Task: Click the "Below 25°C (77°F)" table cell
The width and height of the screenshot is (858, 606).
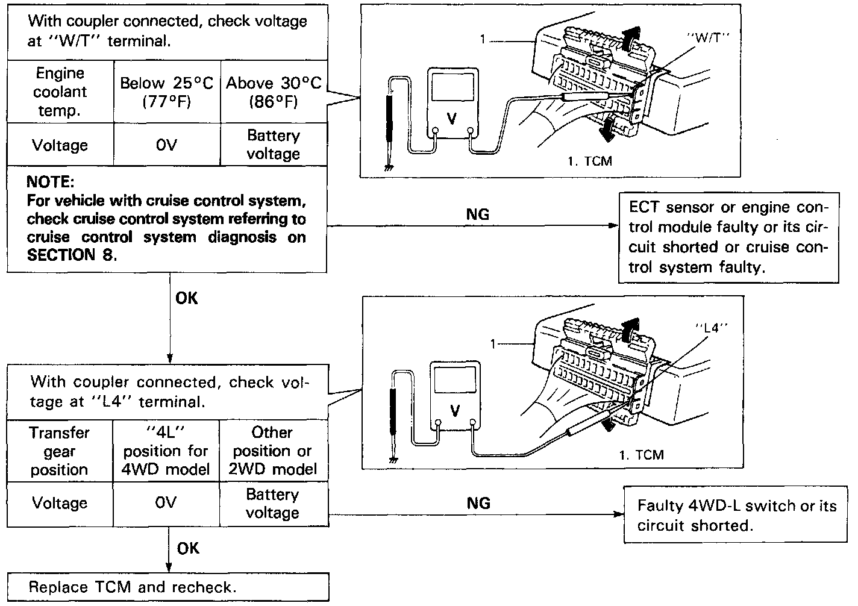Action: pyautogui.click(x=167, y=92)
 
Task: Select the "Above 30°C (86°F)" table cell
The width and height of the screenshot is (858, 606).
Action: pyautogui.click(x=274, y=92)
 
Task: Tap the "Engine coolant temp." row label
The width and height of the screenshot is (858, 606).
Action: pyautogui.click(x=60, y=92)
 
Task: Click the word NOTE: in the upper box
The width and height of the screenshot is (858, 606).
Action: pyautogui.click(x=51, y=182)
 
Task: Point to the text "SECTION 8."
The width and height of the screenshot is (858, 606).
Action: pyautogui.click(x=70, y=255)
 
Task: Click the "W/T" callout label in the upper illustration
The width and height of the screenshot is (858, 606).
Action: pyautogui.click(x=708, y=36)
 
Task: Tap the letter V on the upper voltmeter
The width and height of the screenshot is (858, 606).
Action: pyautogui.click(x=451, y=119)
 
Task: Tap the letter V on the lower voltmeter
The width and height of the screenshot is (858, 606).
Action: pyautogui.click(x=455, y=411)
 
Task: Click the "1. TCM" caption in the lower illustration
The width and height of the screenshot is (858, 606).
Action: pyautogui.click(x=641, y=455)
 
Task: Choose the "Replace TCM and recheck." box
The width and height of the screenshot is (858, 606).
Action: pyautogui.click(x=168, y=587)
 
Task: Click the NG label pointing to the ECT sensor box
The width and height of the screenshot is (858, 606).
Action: pyautogui.click(x=478, y=214)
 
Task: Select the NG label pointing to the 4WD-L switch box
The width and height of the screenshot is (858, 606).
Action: pyautogui.click(x=478, y=503)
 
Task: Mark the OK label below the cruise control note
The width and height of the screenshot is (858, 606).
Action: pyautogui.click(x=187, y=298)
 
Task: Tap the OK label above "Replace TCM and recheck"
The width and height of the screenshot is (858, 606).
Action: pyautogui.click(x=188, y=548)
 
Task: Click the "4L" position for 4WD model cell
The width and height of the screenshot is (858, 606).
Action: pyautogui.click(x=166, y=451)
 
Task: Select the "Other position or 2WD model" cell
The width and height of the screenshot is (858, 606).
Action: pyautogui.click(x=273, y=451)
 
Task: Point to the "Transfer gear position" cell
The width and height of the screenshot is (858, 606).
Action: pyautogui.click(x=60, y=451)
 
